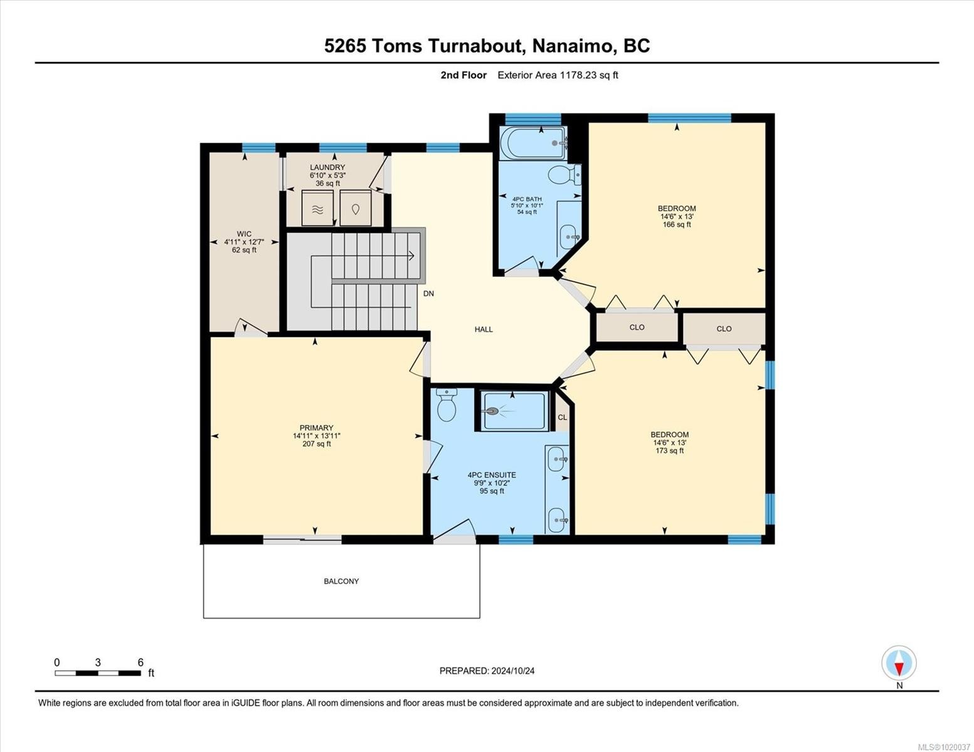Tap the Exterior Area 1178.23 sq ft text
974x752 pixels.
point(558,75)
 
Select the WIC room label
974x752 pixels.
point(244,234)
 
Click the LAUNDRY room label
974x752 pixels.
point(327,167)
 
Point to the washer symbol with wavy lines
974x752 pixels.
point(317,209)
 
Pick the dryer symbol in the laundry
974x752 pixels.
point(356,209)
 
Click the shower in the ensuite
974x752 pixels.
point(514,411)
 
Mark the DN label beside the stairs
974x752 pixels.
point(428,293)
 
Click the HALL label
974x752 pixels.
point(484,329)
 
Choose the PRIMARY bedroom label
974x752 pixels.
point(316,428)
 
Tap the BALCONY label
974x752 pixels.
point(341,582)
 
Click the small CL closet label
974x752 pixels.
point(562,417)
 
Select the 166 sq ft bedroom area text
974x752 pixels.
point(677,224)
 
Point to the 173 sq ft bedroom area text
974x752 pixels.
point(669,451)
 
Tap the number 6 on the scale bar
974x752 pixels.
point(140,662)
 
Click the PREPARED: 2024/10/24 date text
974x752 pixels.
point(487,671)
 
